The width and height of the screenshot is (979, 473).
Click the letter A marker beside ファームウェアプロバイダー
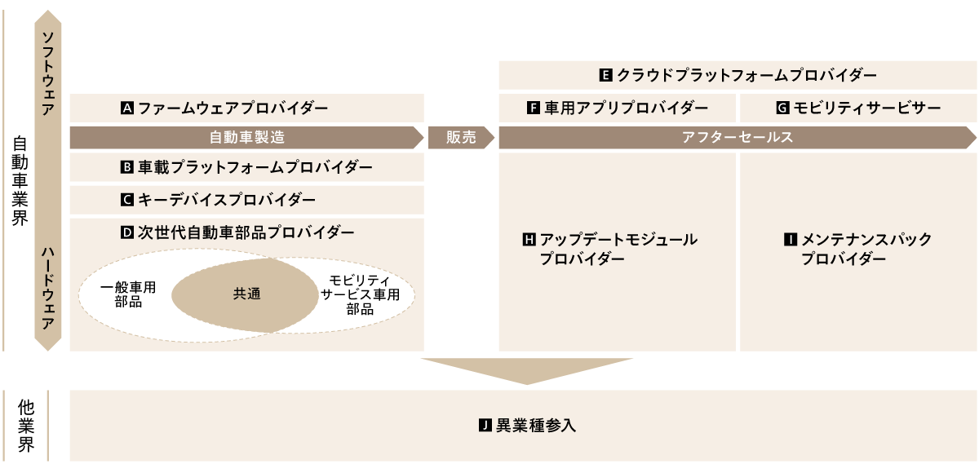pyautogui.click(x=126, y=108)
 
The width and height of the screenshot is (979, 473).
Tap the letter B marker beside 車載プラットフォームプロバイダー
pyautogui.click(x=126, y=167)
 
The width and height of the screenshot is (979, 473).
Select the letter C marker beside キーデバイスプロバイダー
pyautogui.click(x=126, y=199)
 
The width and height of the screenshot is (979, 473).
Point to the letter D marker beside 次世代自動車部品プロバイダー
pyautogui.click(x=126, y=232)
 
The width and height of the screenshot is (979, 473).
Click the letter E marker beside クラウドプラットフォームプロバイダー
pyautogui.click(x=605, y=75)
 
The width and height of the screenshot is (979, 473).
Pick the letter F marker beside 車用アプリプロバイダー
pyautogui.click(x=534, y=108)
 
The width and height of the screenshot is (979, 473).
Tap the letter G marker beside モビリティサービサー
pyautogui.click(x=782, y=108)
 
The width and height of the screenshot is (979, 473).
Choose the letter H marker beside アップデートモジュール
pyautogui.click(x=528, y=240)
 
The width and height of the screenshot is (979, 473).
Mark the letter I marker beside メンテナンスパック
pyautogui.click(x=790, y=240)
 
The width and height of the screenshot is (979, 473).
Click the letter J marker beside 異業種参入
pyautogui.click(x=485, y=426)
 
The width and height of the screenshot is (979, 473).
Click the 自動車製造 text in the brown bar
pyautogui.click(x=247, y=138)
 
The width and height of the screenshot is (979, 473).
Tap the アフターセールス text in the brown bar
pyautogui.click(x=738, y=138)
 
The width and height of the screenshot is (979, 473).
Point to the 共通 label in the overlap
pyautogui.click(x=246, y=294)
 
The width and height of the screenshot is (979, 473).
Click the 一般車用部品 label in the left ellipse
pyautogui.click(x=129, y=294)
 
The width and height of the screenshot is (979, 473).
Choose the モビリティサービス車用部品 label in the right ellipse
pyautogui.click(x=360, y=294)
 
